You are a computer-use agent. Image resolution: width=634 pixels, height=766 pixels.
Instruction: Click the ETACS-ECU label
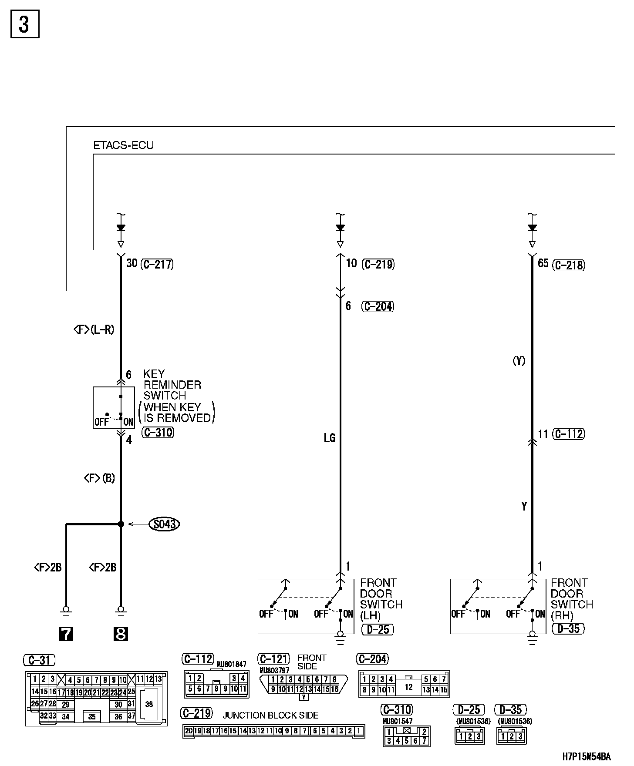(x=124, y=145)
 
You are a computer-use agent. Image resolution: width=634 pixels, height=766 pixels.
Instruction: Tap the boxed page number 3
(x=25, y=24)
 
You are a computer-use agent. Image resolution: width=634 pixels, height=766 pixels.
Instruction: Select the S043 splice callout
(x=164, y=524)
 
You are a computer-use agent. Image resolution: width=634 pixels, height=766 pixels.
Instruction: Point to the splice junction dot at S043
(x=121, y=524)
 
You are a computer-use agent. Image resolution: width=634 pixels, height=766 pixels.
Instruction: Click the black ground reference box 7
(x=66, y=634)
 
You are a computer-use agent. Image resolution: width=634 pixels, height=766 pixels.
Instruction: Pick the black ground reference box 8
(x=121, y=634)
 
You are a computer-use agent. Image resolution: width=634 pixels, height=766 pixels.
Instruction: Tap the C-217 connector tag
(x=157, y=264)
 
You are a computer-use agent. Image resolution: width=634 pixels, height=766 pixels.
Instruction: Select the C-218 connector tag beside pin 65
(x=569, y=265)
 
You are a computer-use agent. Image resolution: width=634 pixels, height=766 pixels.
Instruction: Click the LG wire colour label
(x=330, y=438)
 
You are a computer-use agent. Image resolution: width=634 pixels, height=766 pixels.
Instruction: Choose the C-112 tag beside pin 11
(x=569, y=434)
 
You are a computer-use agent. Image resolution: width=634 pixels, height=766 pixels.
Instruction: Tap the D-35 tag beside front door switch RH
(x=569, y=629)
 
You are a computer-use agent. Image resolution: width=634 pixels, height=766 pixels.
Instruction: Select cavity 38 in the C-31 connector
(x=149, y=704)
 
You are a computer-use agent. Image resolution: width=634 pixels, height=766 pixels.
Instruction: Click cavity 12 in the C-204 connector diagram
(x=408, y=687)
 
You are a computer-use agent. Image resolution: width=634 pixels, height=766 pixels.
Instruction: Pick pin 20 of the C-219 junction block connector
(x=188, y=731)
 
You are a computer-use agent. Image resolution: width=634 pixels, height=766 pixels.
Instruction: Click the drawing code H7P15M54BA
(x=587, y=757)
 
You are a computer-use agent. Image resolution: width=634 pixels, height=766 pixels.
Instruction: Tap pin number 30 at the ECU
(x=132, y=263)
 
